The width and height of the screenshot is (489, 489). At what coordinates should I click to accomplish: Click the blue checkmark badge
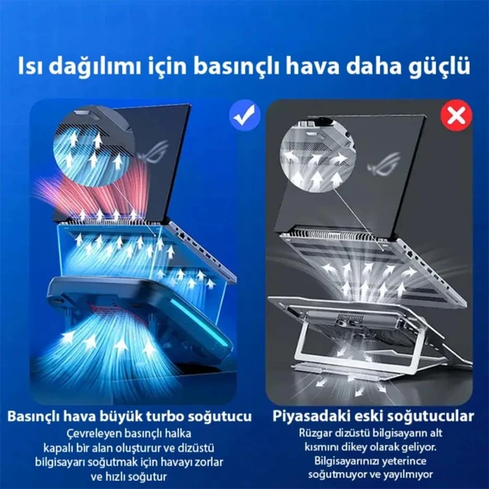[x=244, y=116]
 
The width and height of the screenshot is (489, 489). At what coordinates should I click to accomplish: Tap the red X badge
[x=454, y=116]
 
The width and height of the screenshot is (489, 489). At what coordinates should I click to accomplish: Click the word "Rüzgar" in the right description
[x=319, y=432]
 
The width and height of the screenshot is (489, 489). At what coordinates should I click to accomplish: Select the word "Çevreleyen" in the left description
[x=94, y=432]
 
